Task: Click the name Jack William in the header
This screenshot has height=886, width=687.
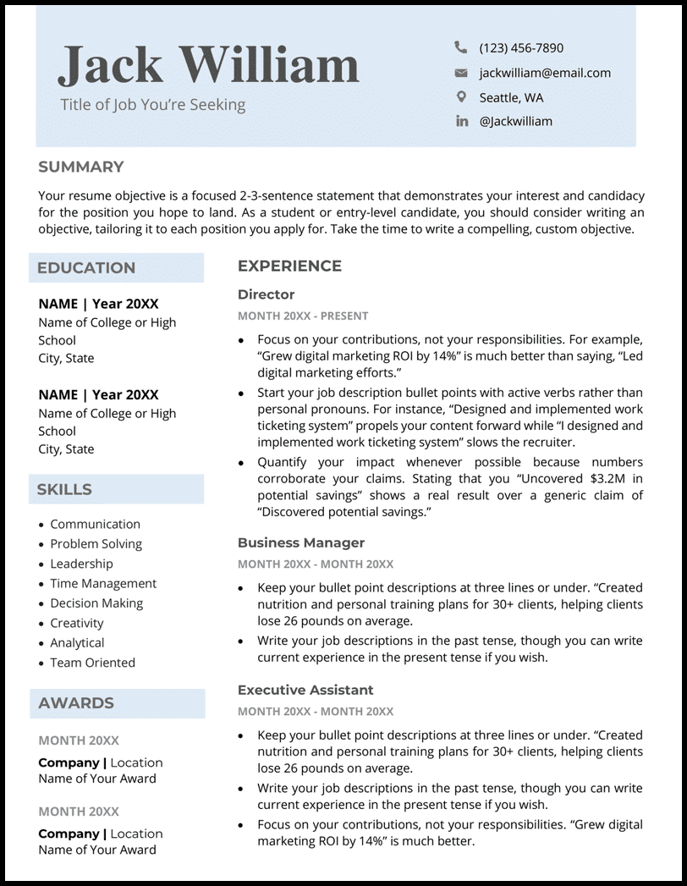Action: coord(208,65)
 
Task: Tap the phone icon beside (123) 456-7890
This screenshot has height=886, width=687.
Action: coord(461,47)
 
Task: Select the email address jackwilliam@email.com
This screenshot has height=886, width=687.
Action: coord(544,73)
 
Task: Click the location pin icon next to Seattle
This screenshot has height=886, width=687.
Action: coord(461,96)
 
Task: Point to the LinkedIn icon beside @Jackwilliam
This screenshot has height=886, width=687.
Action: coord(461,121)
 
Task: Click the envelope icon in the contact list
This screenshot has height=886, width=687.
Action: coord(461,73)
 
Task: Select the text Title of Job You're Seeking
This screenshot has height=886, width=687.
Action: coord(152,105)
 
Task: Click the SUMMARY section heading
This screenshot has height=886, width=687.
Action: coord(80,167)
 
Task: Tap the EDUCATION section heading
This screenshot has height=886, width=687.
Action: coord(86,268)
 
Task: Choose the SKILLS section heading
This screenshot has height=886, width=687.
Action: coord(64,490)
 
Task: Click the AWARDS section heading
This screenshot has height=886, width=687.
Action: coord(75,703)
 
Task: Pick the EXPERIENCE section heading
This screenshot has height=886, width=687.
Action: coord(289,266)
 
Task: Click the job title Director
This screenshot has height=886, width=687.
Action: coord(266,294)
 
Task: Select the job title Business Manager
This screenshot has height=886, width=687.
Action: coord(300,542)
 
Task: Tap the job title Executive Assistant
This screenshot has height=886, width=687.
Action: coord(305,690)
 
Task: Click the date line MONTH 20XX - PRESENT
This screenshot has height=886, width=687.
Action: coord(302,316)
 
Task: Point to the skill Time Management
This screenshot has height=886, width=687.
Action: coord(103,583)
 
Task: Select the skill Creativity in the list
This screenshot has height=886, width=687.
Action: coord(77,623)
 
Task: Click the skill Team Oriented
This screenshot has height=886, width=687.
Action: coord(92,663)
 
